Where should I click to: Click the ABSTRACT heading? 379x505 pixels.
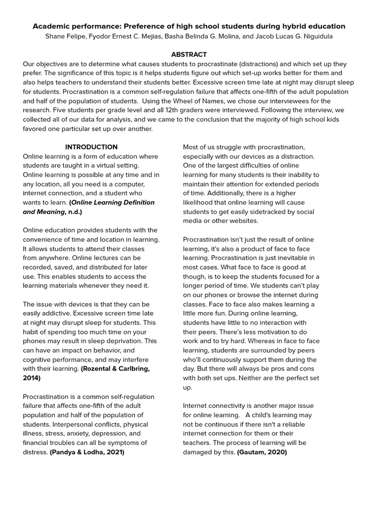tap(189, 54)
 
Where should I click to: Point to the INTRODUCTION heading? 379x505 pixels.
tap(91, 147)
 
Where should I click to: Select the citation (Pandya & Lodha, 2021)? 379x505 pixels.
tap(87, 452)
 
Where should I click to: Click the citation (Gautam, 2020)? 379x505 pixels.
tap(262, 452)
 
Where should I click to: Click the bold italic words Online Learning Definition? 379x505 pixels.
tap(113, 202)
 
